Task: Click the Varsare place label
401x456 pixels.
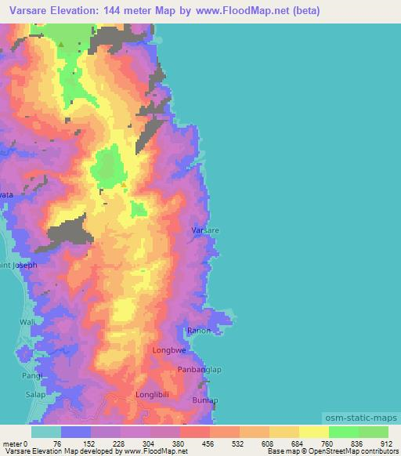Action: (x=205, y=231)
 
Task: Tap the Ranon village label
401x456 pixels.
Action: (x=199, y=331)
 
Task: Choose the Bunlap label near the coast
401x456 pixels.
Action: (x=205, y=400)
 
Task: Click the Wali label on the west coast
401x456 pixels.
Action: (x=27, y=322)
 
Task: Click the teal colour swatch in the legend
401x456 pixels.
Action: (x=46, y=432)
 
